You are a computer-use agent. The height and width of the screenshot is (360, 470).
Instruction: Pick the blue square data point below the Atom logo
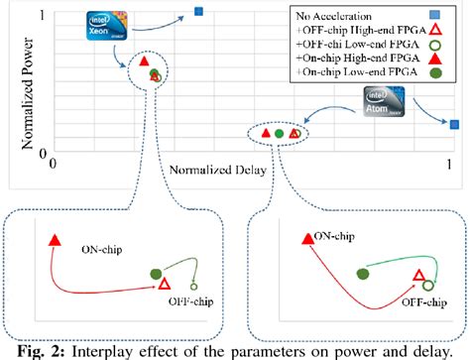453,124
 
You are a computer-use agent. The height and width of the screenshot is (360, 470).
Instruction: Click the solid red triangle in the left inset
54,240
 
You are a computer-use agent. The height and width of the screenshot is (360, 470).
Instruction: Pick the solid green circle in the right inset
362,273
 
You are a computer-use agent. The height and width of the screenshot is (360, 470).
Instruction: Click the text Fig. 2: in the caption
34,347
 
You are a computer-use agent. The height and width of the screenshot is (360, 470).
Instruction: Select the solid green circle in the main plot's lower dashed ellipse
279,133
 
